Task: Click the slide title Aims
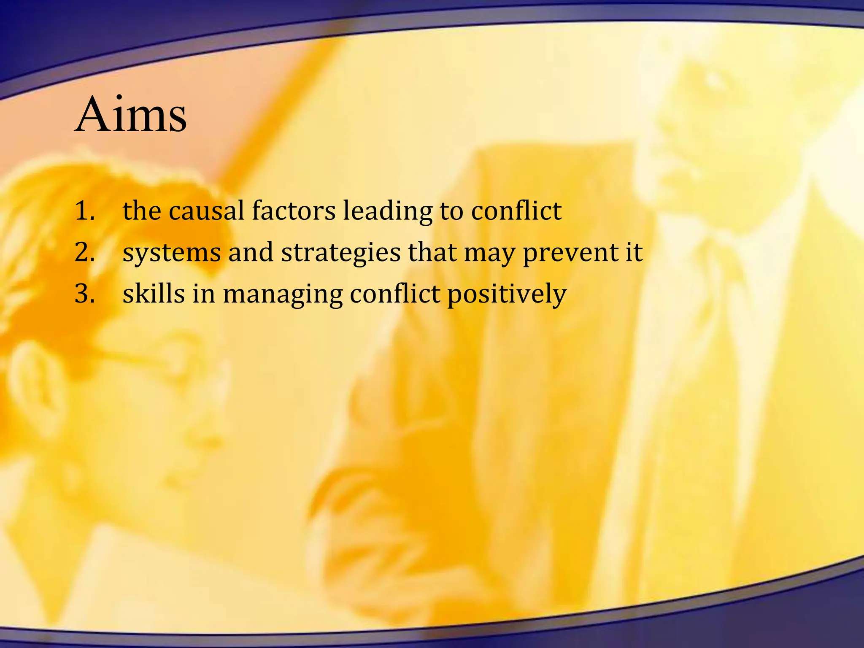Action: point(131,114)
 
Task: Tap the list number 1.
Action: point(84,211)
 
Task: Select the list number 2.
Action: point(84,252)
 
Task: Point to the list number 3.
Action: point(84,294)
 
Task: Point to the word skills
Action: point(154,294)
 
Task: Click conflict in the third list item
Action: point(395,294)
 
